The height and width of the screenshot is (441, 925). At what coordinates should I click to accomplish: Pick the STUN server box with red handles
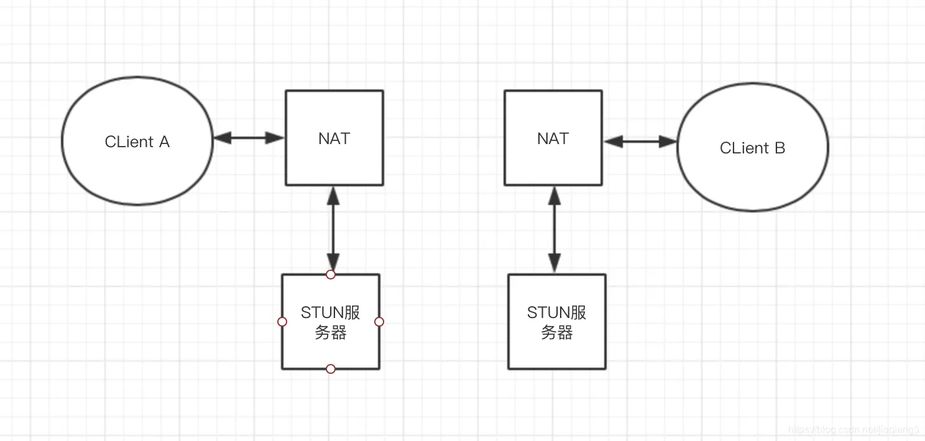click(331, 351)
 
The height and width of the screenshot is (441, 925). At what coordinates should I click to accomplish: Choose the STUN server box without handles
click(557, 351)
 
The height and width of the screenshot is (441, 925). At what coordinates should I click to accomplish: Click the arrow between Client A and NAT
click(249, 138)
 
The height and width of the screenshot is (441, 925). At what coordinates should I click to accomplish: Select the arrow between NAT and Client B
click(640, 142)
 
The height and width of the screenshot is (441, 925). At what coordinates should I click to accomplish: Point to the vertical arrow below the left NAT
click(334, 230)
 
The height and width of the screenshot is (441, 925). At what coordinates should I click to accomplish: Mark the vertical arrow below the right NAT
click(554, 230)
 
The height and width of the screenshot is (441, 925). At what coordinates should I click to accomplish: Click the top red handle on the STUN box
click(331, 275)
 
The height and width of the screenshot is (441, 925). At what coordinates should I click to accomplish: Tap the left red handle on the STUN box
click(282, 322)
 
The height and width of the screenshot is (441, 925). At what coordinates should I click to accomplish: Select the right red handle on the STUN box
click(379, 322)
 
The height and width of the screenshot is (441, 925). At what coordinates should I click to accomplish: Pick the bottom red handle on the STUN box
click(331, 369)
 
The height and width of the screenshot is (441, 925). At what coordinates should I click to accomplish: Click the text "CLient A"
click(137, 142)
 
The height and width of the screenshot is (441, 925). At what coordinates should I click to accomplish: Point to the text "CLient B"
click(752, 148)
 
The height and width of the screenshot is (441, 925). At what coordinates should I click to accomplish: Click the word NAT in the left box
click(334, 139)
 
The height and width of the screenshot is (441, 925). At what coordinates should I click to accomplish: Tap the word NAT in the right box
click(553, 139)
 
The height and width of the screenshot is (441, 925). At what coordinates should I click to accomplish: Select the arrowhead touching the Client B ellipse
click(669, 142)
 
